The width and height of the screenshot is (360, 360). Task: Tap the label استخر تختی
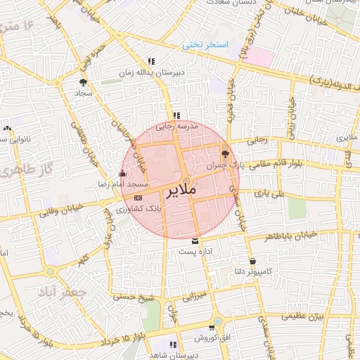207,44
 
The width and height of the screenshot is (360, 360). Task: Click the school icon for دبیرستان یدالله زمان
151,61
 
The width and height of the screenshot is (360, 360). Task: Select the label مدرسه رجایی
177,127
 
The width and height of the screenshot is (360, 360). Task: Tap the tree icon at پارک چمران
225,154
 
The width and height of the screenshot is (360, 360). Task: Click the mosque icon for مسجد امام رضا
124,173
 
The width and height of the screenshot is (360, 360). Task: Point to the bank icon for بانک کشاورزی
137,198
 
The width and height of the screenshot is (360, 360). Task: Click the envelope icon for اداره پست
195,240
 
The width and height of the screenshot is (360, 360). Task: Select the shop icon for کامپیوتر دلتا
252,261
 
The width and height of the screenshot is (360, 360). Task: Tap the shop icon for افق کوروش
219,328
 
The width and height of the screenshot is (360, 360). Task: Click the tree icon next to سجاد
84,82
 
